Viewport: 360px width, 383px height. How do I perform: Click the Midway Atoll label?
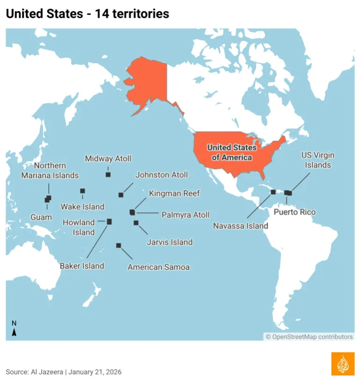point(108,159)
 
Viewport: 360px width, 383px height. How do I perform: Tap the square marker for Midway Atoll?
point(108,175)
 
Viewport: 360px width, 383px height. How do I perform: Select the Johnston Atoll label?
point(161,175)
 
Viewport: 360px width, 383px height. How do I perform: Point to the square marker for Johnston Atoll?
point(121,195)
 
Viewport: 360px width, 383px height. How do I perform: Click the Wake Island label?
point(82,206)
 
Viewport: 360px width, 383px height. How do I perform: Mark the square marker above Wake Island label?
point(82,191)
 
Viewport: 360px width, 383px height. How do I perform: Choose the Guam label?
point(41,218)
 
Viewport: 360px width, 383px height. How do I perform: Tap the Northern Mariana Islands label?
point(50,170)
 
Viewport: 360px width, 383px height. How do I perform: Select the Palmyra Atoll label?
point(185,215)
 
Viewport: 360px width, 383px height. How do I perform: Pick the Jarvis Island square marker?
point(136,223)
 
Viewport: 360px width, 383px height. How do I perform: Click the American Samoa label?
point(158,267)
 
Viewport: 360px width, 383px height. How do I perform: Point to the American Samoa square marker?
point(119,245)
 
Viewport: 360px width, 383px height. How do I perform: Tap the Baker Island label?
point(82,266)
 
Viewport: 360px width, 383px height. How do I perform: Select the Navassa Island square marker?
point(274,191)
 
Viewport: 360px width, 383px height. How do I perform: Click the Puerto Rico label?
point(295,212)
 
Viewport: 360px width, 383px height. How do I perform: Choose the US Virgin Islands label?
point(318,160)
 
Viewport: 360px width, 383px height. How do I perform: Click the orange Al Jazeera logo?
point(343,363)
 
